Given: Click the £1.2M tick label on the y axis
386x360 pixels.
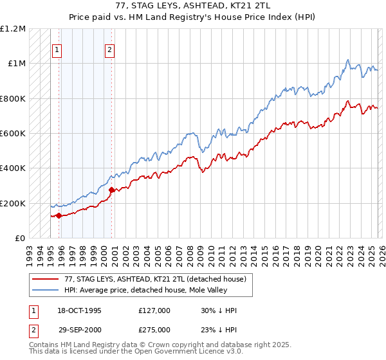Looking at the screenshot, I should click(x=13, y=29).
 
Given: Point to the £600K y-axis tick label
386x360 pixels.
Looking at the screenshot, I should click(x=13, y=134).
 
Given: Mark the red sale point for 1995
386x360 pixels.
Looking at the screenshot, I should click(x=59, y=215).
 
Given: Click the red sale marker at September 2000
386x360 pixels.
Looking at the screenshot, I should click(x=111, y=190).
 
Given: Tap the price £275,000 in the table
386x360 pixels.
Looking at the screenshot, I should click(x=154, y=329).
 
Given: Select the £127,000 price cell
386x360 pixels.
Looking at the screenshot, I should click(x=154, y=310).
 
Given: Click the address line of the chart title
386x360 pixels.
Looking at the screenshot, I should click(x=193, y=8).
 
